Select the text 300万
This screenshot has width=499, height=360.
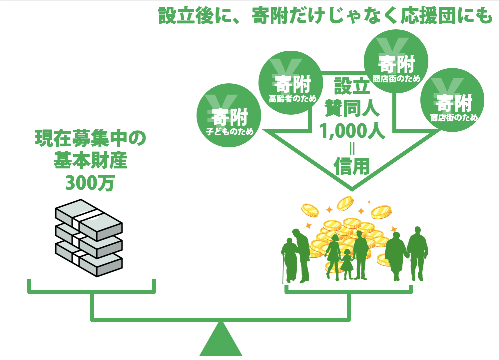[x=90, y=183]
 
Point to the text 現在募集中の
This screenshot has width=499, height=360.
[x=91, y=139]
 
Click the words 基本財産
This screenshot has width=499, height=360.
[x=91, y=161]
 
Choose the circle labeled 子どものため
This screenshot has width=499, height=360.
[x=229, y=115]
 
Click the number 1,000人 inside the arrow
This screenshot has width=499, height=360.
[x=352, y=131]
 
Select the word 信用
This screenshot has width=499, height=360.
[x=352, y=166]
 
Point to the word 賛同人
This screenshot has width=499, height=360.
[x=352, y=108]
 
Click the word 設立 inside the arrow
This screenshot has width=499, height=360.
[x=352, y=86]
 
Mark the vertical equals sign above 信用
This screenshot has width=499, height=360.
[x=352, y=149]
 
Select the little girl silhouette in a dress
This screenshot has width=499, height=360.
[x=347, y=263]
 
